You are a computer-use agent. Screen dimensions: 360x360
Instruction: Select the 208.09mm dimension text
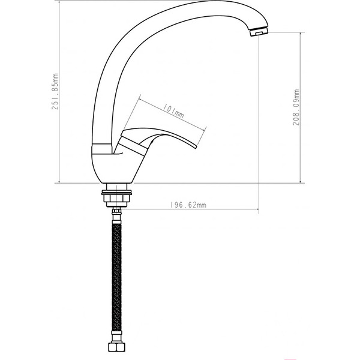pyautogui.click(x=296, y=107)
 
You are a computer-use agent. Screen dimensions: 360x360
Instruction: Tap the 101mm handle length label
pyautogui.click(x=173, y=110)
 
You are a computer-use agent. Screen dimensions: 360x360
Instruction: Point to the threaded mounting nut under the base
pyautogui.click(x=118, y=195)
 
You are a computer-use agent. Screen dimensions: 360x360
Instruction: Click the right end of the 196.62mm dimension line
pyautogui.click(x=259, y=209)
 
